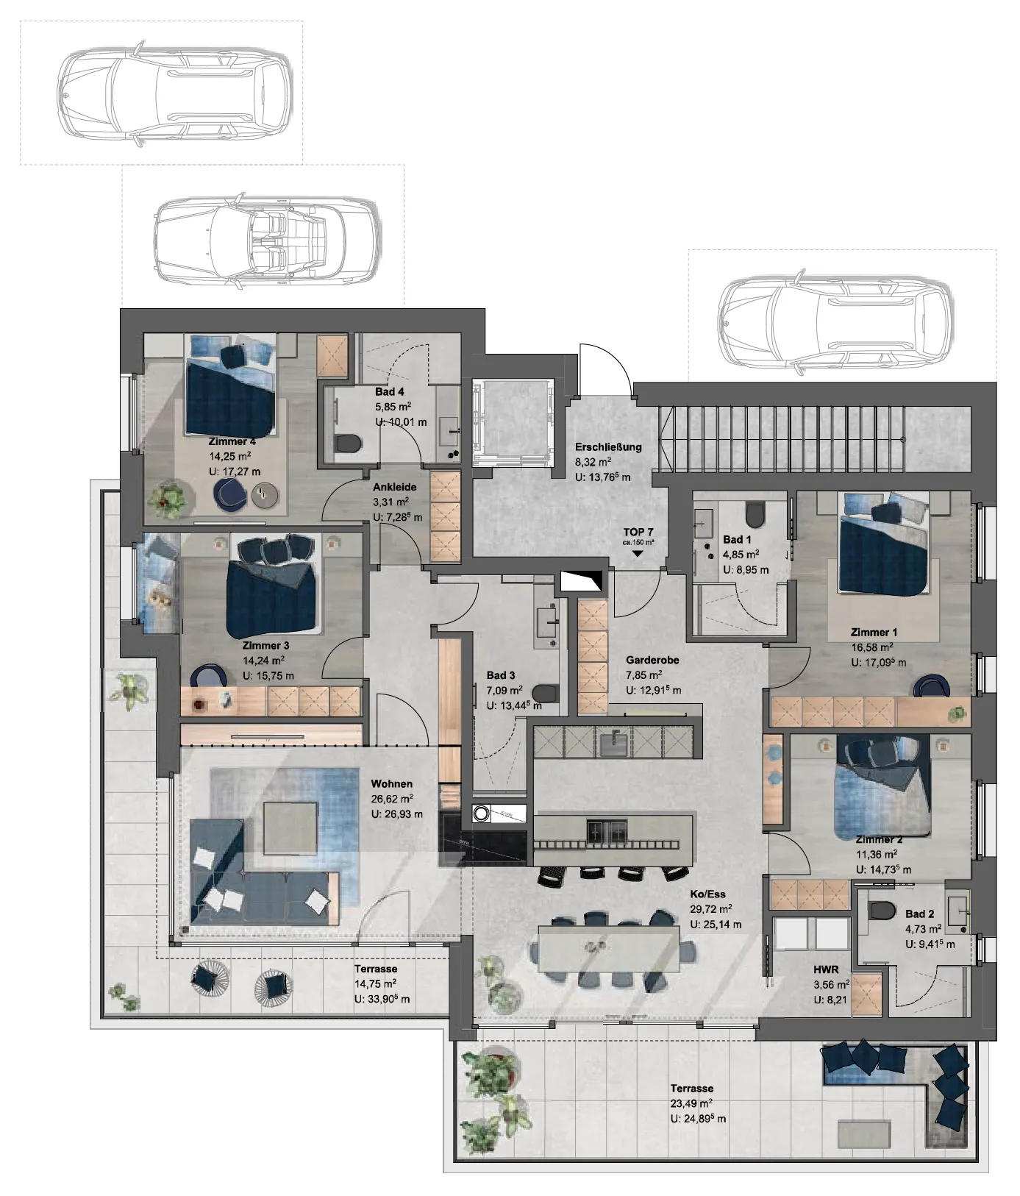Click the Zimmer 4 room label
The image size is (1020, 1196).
(232, 441)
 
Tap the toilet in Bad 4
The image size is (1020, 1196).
(348, 444)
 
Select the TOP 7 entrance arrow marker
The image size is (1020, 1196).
(638, 554)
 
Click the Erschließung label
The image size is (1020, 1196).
(608, 446)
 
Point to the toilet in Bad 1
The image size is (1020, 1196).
(755, 514)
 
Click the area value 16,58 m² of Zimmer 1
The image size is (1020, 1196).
(872, 647)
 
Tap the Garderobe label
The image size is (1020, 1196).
(652, 660)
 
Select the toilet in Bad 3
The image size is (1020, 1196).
(546, 694)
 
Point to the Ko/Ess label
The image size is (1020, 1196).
(705, 894)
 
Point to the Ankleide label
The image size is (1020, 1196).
(394, 487)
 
